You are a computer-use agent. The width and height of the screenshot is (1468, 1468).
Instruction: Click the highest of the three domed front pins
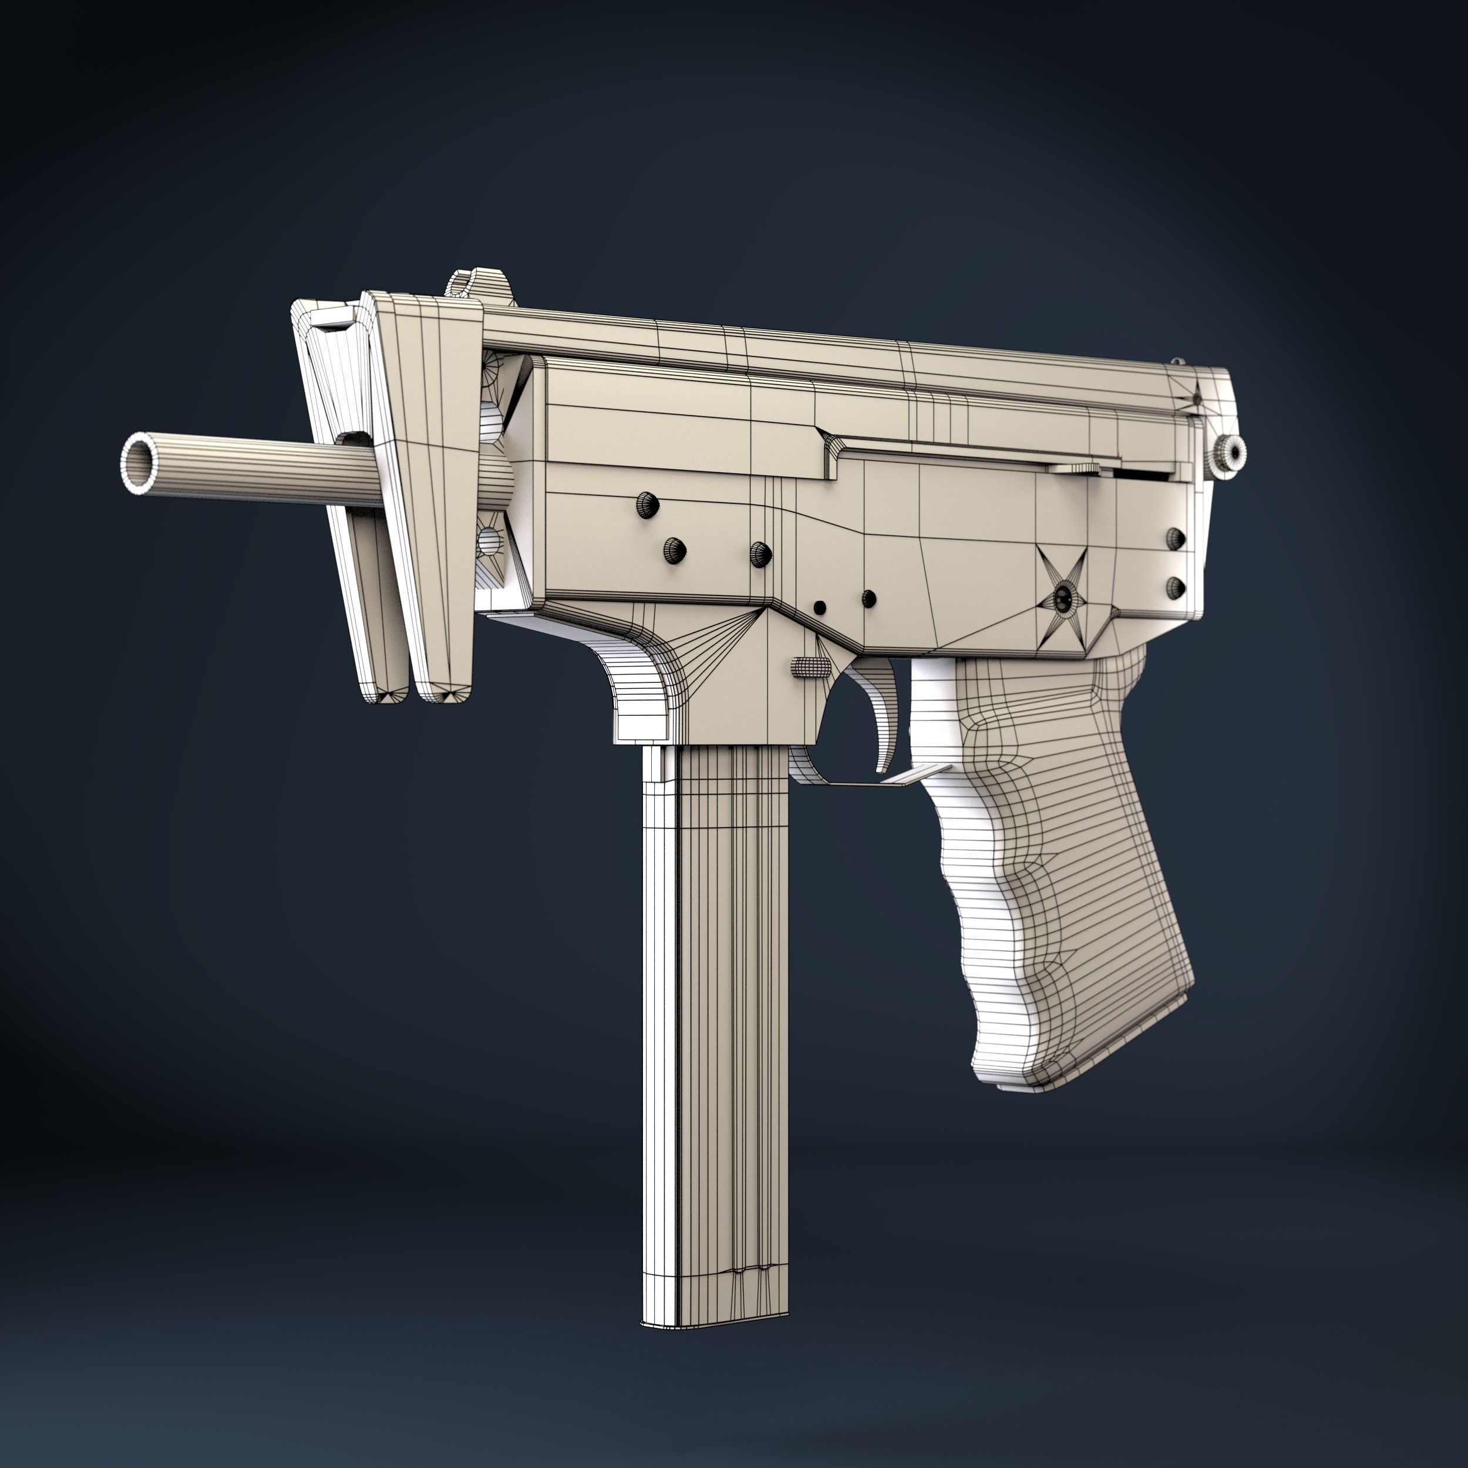(647, 504)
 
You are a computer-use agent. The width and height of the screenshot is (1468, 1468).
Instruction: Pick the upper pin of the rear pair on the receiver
(1176, 538)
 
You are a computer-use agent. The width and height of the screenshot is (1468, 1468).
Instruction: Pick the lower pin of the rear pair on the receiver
(1176, 586)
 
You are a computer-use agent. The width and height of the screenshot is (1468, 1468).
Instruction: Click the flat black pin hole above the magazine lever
(819, 607)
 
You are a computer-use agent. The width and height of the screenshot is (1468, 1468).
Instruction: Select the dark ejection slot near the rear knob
(1140, 473)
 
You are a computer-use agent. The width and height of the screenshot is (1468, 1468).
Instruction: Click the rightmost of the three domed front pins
(760, 553)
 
